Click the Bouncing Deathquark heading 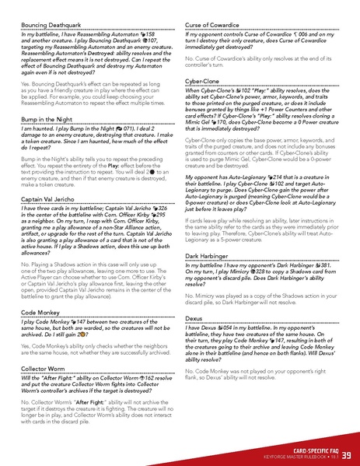pyautogui.click(x=51, y=26)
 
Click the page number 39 pyautogui.click(x=346, y=454)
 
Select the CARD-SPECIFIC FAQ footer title pyautogui.click(x=311, y=449)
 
